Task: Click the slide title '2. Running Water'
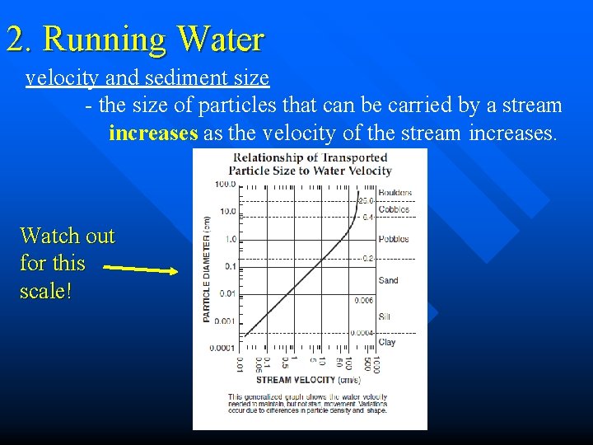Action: click(135, 39)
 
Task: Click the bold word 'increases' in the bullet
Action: click(153, 133)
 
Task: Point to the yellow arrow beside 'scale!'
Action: click(142, 269)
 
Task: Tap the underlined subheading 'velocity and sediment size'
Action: click(147, 78)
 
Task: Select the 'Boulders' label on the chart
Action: click(395, 193)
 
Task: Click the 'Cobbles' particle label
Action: click(394, 210)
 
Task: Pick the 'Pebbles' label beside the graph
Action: click(393, 240)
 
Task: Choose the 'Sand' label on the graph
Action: click(388, 280)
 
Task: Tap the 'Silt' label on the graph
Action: click(385, 316)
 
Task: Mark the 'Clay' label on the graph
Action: click(386, 342)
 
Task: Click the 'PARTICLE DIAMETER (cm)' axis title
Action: click(207, 269)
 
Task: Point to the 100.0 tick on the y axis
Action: click(226, 184)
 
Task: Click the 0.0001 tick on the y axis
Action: click(222, 348)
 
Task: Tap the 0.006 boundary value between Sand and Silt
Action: click(363, 301)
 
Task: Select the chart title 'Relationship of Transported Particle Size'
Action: click(310, 164)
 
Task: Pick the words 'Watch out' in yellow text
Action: click(68, 236)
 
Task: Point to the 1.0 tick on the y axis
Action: click(229, 239)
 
